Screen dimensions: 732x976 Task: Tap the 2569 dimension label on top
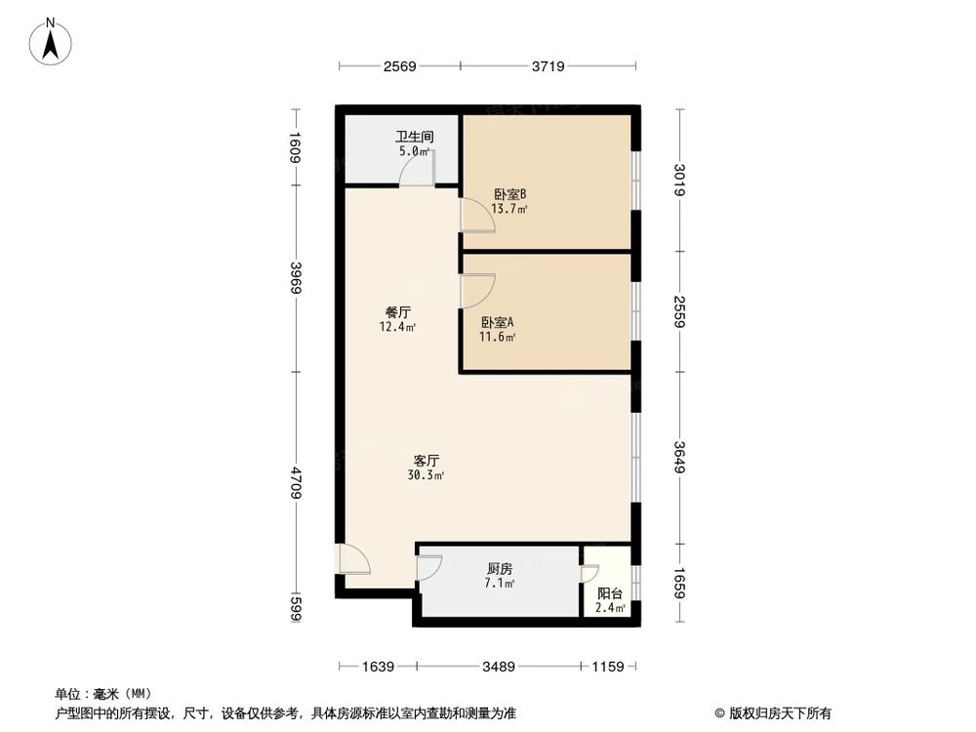pos(400,66)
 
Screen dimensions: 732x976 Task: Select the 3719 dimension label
pos(549,66)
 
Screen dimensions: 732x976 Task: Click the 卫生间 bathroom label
pos(414,139)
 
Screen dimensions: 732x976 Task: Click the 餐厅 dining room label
pos(398,312)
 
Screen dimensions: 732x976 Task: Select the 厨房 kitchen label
pos(500,569)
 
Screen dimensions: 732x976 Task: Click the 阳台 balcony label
pos(610,592)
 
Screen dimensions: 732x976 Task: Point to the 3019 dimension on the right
pos(680,181)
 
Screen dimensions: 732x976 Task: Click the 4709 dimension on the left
pos(294,484)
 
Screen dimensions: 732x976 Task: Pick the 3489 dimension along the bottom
pos(500,668)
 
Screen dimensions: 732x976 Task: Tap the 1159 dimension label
pos(606,668)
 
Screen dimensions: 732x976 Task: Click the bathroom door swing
pos(420,171)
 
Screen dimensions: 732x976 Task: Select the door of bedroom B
pos(477,217)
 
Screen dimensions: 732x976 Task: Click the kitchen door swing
pos(429,567)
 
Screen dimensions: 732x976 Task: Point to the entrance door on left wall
pos(351,558)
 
